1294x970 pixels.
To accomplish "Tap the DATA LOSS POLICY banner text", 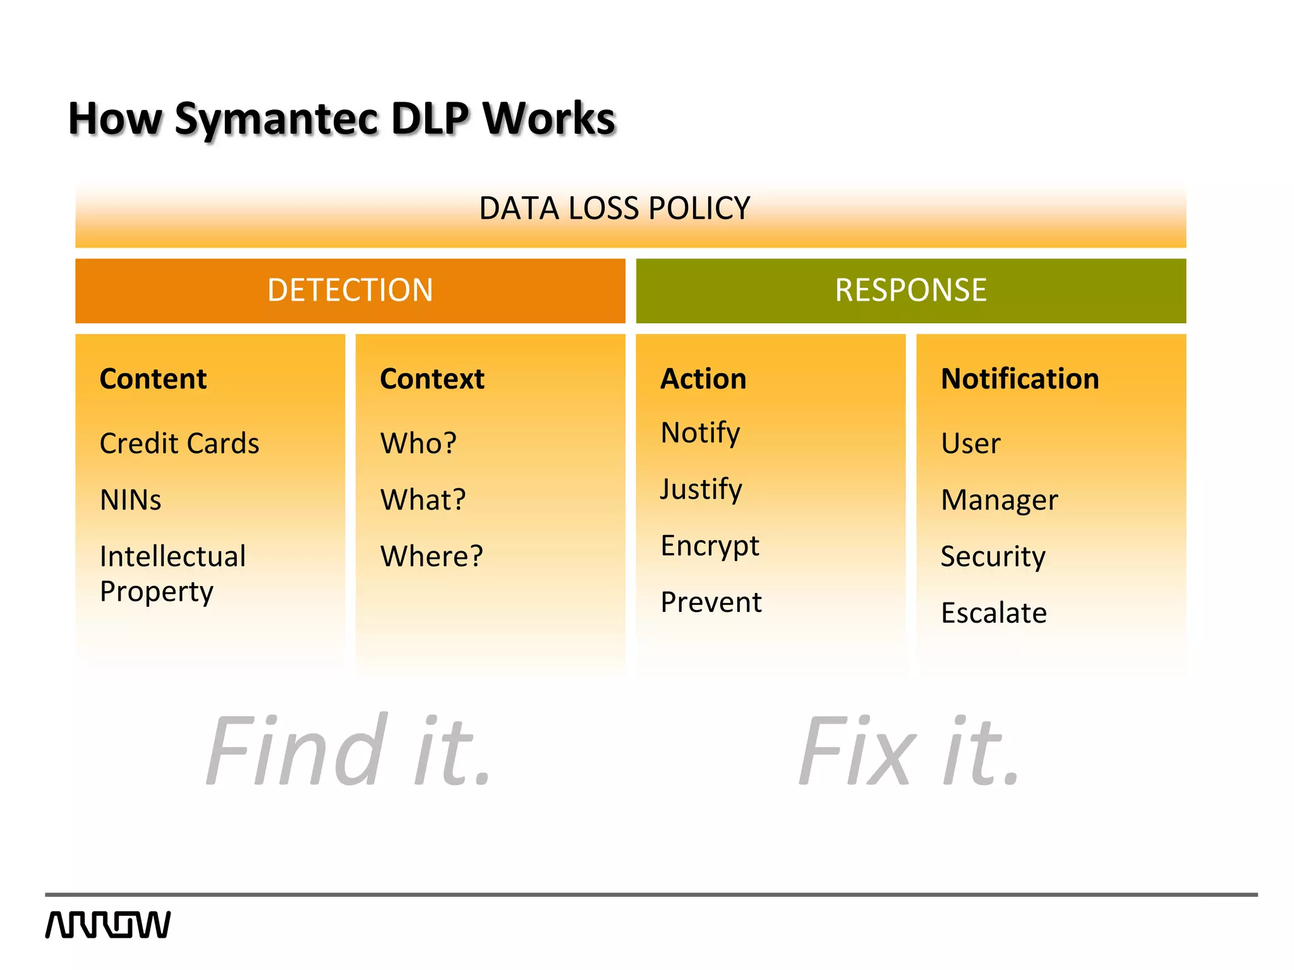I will pos(614,208).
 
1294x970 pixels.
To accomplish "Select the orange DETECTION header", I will pos(350,290).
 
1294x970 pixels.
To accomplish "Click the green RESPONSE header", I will pos(910,290).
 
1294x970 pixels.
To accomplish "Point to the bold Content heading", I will pos(153,379).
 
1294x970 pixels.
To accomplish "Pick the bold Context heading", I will pos(432,379).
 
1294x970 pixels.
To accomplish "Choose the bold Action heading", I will pos(703,379).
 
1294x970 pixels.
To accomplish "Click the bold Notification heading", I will pos(1020,379).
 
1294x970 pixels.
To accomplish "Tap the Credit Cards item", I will pos(179,443).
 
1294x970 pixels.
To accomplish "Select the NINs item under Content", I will pos(131,500).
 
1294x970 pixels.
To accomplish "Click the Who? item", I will pos(418,443).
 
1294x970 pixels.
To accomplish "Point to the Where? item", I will pos(432,556).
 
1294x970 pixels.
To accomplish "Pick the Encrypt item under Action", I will pos(710,546).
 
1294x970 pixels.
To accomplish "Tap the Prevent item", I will pos(711,602).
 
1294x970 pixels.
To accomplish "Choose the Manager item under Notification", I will pos(999,500).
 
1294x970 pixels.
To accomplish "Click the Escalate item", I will pos(993,613).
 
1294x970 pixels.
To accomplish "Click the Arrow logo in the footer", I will pos(108,925).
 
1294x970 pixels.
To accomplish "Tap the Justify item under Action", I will pos(701,489).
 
